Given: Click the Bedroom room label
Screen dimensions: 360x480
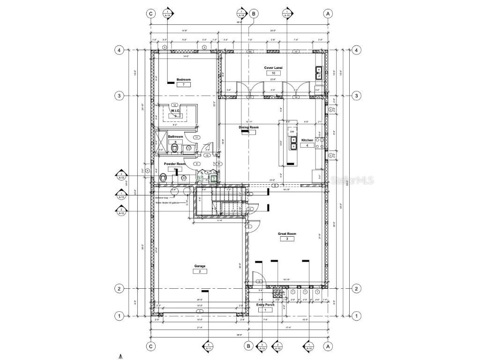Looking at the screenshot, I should tap(184, 80).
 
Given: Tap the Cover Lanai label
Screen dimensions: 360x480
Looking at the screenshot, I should tap(273, 68).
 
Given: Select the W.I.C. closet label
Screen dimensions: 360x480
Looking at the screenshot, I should tap(175, 111).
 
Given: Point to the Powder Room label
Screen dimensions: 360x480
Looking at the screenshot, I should tap(175, 164).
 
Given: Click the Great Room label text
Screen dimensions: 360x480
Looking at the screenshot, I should tap(287, 233).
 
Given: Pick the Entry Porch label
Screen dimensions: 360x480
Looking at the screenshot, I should tap(265, 305).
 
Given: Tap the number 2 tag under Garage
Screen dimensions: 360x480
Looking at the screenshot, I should tap(200, 271).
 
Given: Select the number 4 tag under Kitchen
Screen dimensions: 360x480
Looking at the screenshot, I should tap(307, 146).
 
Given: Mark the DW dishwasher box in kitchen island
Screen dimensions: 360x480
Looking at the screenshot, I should tap(292, 132).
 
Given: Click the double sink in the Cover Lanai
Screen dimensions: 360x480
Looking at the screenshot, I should tap(319, 72).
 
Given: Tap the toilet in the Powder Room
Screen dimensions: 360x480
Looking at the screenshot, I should tap(164, 178).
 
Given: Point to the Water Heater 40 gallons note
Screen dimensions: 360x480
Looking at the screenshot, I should tap(167, 203).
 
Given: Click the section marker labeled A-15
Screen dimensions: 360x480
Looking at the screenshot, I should tap(287, 13).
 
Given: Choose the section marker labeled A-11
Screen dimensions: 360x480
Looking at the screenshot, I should tap(208, 347).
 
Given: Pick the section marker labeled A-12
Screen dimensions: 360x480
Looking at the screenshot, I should tap(121, 211).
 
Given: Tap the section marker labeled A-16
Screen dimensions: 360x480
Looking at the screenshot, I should tap(309, 347).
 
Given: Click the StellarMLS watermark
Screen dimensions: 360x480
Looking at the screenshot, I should tap(351, 180).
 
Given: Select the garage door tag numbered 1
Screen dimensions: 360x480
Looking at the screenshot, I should tap(200, 311).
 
